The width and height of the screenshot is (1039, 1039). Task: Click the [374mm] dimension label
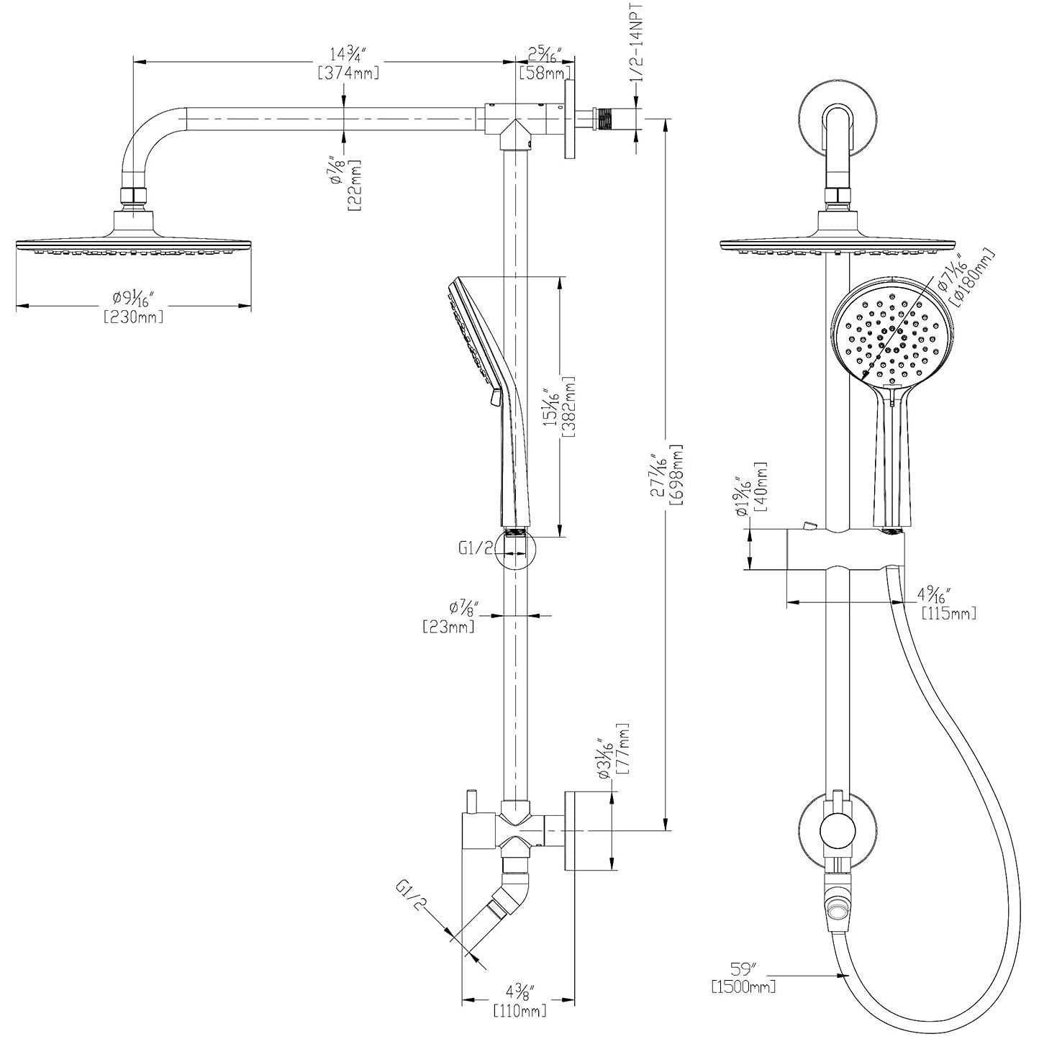(348, 73)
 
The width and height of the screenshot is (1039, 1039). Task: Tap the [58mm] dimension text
(545, 73)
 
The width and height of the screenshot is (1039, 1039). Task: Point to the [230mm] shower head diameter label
(134, 316)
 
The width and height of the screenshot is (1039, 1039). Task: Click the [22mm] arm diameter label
(354, 185)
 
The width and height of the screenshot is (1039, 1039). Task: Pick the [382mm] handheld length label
(568, 407)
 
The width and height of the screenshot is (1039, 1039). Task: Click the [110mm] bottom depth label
(519, 1012)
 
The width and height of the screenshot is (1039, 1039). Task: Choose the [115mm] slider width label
(949, 612)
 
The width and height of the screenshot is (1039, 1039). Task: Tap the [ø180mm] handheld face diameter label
(975, 276)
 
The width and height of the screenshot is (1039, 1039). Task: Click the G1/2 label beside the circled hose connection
(476, 548)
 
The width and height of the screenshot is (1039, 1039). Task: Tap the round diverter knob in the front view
(837, 832)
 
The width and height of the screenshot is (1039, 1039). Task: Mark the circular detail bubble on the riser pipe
(516, 550)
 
